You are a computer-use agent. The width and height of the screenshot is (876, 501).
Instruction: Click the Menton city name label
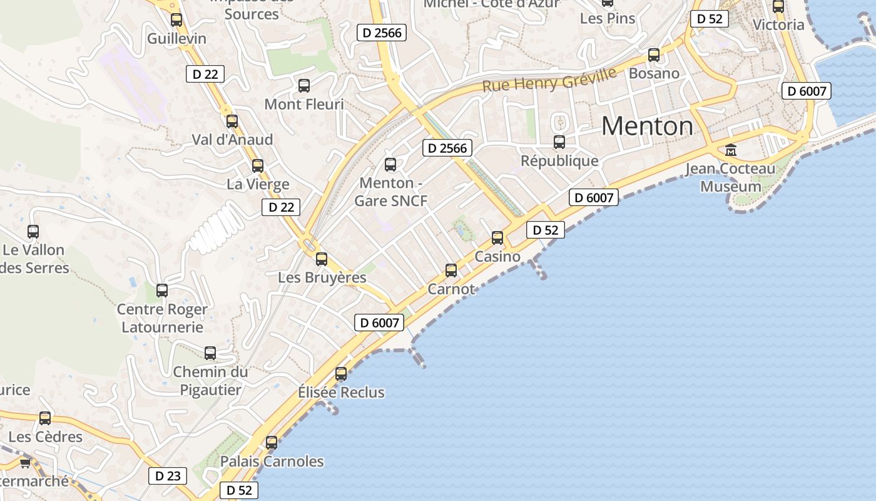[647, 127]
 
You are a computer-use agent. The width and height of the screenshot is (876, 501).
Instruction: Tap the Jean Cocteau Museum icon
[730, 150]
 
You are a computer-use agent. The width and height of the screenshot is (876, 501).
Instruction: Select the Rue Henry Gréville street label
[549, 80]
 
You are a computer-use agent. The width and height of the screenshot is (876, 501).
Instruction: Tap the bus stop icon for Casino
[497, 238]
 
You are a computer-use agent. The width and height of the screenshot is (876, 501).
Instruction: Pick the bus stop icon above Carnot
[451, 271]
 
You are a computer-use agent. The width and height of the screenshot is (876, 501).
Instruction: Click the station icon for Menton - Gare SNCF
[390, 165]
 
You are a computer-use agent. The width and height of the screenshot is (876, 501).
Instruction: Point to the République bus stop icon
[559, 142]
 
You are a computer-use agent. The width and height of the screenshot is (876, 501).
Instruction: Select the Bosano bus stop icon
[654, 55]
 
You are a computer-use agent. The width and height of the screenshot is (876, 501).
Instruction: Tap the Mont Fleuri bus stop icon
[304, 86]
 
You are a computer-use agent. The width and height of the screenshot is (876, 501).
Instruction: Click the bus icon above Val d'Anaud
[232, 121]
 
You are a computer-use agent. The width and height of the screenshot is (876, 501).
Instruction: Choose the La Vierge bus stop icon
[258, 166]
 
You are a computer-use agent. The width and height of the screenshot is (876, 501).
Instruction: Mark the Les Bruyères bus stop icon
[322, 259]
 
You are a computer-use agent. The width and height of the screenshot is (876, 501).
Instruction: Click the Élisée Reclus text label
[341, 393]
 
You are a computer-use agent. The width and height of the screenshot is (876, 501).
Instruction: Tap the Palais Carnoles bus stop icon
[272, 443]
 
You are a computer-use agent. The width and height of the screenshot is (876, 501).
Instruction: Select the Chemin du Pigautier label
[210, 381]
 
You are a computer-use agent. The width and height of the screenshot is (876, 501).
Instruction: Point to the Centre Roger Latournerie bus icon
[162, 291]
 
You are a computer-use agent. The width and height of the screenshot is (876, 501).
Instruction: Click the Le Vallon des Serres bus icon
[33, 232]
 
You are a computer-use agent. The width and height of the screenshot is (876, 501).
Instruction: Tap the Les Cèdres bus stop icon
[45, 418]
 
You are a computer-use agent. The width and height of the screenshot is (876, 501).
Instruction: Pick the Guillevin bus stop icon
[176, 20]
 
